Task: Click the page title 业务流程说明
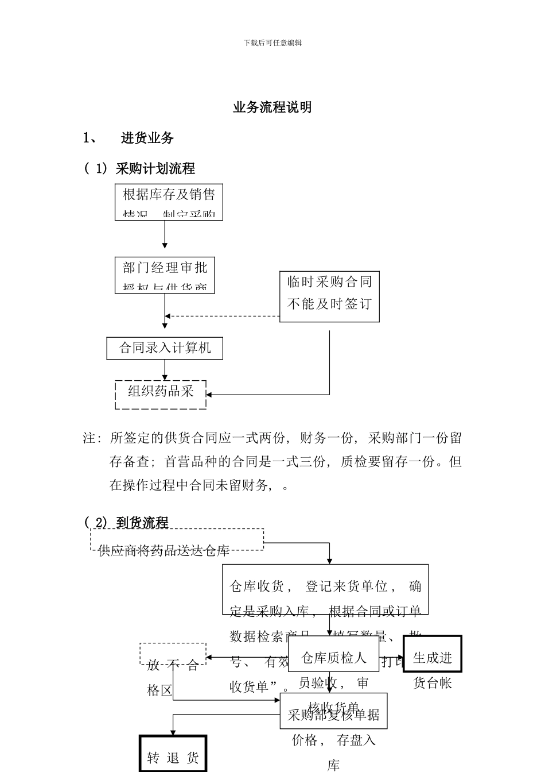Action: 272,107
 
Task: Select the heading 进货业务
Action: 147,138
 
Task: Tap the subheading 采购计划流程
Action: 155,168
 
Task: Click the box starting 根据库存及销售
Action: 169,202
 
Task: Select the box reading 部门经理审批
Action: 165,275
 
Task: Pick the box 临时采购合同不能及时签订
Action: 329,296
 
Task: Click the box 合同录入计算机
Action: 165,348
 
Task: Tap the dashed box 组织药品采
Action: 161,394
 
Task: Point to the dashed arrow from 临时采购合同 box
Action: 224,316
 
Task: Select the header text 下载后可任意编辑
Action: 272,43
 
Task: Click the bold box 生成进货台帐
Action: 433,654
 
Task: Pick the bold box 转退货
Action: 173,754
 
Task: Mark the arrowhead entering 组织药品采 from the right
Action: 209,395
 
